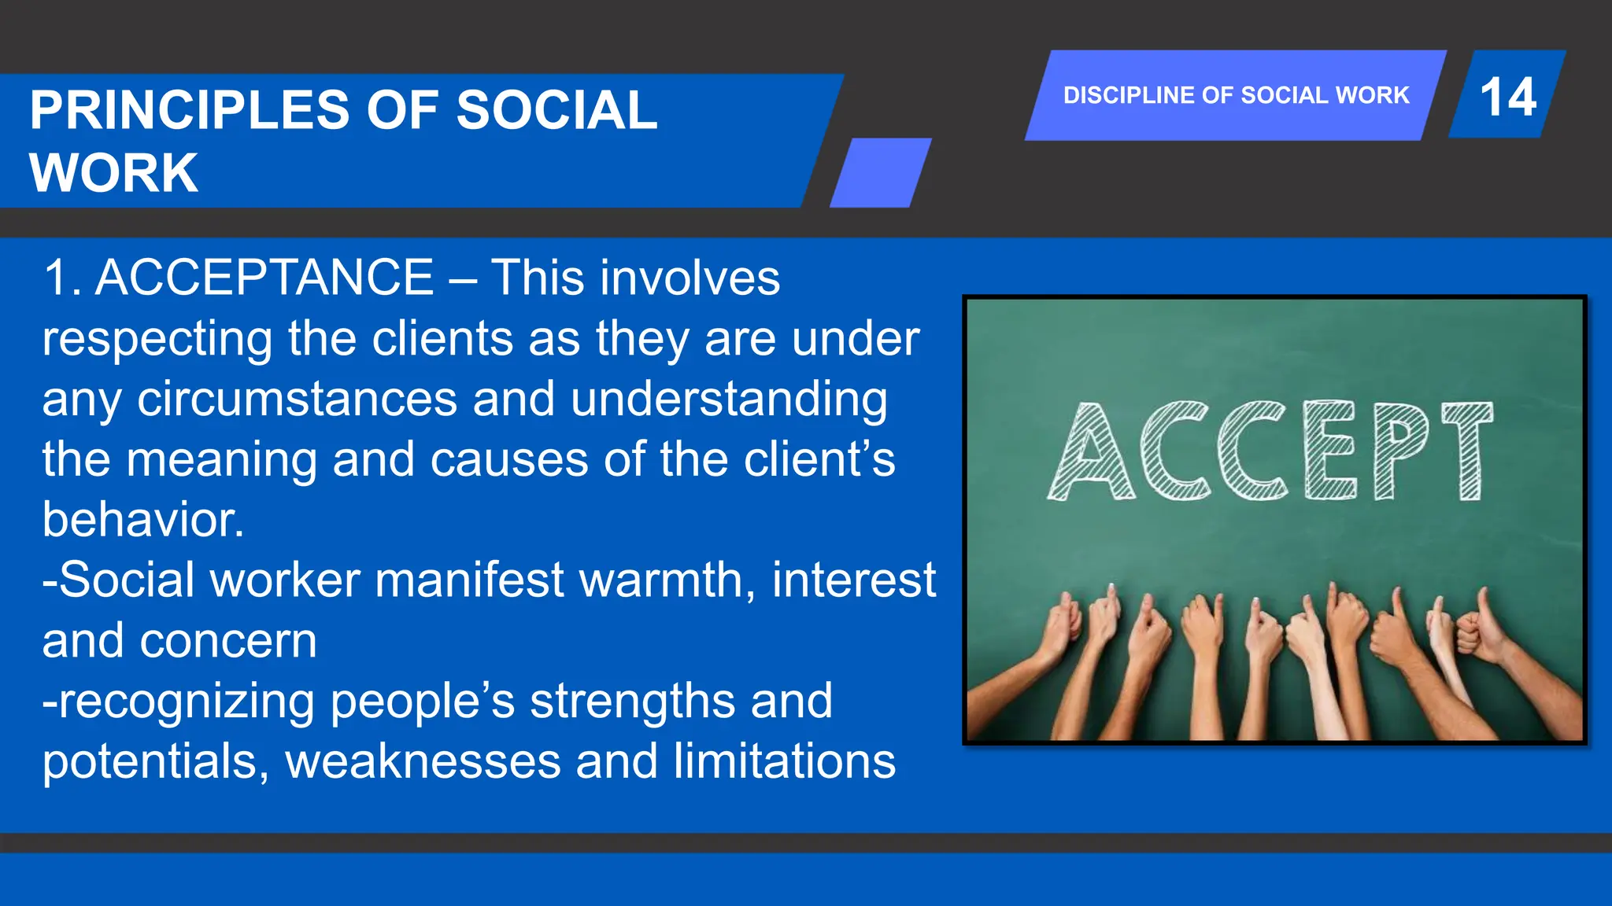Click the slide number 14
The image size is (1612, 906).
[x=1507, y=97]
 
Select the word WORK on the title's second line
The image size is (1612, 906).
[x=114, y=172]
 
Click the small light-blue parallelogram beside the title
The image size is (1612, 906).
[x=881, y=173]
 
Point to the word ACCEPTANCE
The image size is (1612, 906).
[x=264, y=278]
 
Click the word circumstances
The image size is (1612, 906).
[x=297, y=399]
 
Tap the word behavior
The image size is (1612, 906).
[x=142, y=520]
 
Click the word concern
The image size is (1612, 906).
[x=228, y=641]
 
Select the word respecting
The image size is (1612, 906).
[x=157, y=339]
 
